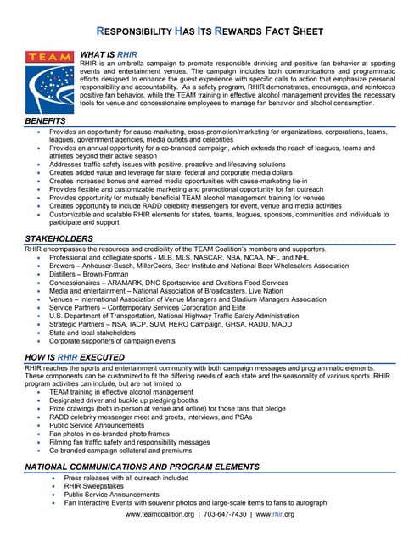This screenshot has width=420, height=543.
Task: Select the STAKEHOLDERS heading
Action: pos(59,240)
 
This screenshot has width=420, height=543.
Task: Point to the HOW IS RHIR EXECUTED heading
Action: pos(84,359)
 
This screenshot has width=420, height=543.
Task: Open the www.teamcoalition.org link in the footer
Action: pos(160,515)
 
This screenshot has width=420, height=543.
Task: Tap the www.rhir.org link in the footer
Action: pos(276,515)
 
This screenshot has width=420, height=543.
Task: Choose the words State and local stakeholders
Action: pos(98,332)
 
